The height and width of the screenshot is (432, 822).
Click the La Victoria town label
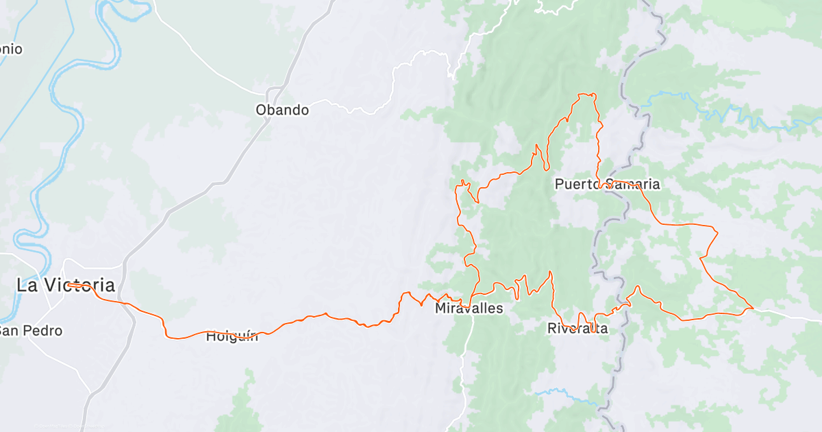click(66, 285)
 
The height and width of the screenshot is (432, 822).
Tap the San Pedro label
click(31, 331)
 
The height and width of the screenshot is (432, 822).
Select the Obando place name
click(282, 110)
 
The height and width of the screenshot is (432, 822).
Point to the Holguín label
click(232, 336)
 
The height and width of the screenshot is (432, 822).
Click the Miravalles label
click(469, 309)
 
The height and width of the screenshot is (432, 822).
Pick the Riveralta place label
click(577, 328)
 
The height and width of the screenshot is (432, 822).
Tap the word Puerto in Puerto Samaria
click(575, 184)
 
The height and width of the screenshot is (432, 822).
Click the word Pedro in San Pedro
click(45, 331)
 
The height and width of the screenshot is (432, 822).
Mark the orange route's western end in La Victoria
click(68, 284)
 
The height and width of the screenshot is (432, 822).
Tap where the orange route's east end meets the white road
click(753, 309)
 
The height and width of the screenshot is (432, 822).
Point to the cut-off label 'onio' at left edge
click(11, 49)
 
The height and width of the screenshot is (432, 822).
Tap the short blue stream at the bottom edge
click(558, 393)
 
